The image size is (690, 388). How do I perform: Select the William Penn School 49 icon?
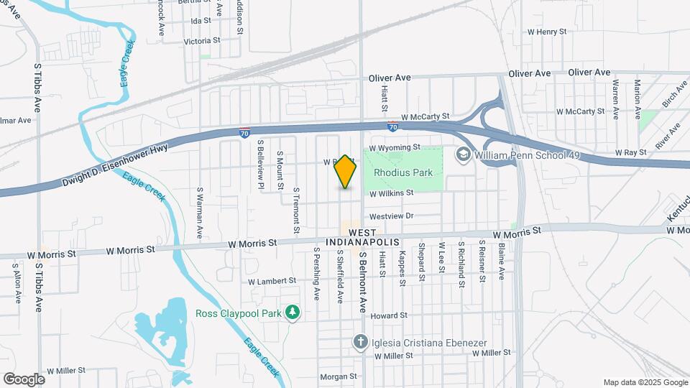463,154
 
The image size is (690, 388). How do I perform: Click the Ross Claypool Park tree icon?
292,313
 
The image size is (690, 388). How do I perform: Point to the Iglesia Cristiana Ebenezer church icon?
361,341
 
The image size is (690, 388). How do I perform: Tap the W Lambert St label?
272,280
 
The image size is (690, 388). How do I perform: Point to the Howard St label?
390,315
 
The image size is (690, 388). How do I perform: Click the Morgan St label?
338,377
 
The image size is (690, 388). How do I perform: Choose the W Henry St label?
552,32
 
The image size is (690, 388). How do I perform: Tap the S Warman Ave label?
200,213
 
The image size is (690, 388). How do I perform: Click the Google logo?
24,379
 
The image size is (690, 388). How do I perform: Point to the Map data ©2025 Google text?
644,382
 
